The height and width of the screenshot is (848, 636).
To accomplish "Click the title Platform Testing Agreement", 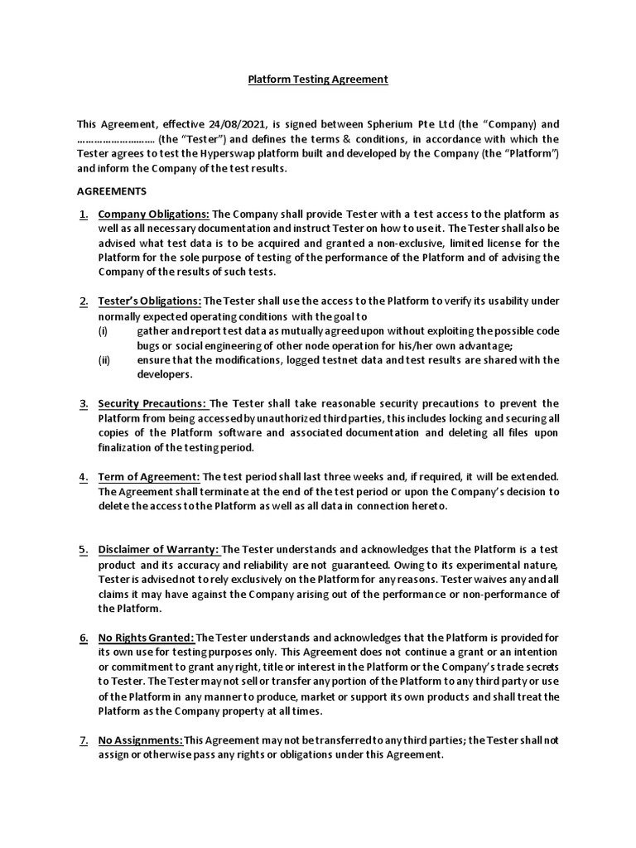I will click(x=318, y=80).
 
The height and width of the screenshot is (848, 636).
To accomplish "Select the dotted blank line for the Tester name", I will click(x=115, y=138).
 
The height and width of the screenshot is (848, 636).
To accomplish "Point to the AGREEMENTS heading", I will click(x=111, y=190).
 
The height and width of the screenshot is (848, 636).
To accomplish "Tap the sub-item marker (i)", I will click(x=104, y=330).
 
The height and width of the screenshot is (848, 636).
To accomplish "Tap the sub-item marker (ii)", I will click(x=104, y=359).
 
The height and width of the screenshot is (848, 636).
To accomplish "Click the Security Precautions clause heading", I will click(x=152, y=403).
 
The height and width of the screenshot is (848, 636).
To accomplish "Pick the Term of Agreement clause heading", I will click(x=148, y=476).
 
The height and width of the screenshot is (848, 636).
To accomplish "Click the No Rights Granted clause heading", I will click(x=147, y=637).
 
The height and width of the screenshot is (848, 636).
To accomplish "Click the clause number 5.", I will click(x=84, y=549).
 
